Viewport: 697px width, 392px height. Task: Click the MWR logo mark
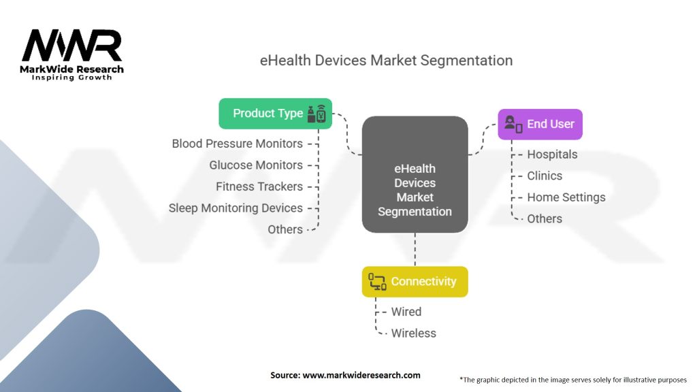click(71, 46)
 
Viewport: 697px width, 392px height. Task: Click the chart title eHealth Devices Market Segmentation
click(386, 60)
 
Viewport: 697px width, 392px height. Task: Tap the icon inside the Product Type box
click(317, 114)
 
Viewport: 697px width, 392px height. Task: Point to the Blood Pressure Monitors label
click(237, 144)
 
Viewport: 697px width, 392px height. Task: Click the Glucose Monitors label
click(256, 165)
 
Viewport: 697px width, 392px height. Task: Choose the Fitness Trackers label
click(259, 186)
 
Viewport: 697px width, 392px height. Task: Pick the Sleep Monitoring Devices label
click(236, 208)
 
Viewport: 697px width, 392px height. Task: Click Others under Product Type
click(285, 229)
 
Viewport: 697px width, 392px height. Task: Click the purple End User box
click(540, 124)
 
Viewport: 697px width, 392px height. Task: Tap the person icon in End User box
click(513, 124)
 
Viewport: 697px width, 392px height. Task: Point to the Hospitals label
click(552, 154)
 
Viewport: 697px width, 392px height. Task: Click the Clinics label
click(545, 176)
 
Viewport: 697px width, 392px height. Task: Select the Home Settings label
click(566, 197)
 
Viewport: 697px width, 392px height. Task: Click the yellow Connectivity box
click(415, 281)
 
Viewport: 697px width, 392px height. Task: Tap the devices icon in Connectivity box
click(377, 281)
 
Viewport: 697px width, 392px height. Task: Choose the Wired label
click(406, 312)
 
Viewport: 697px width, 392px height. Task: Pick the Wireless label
click(413, 333)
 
